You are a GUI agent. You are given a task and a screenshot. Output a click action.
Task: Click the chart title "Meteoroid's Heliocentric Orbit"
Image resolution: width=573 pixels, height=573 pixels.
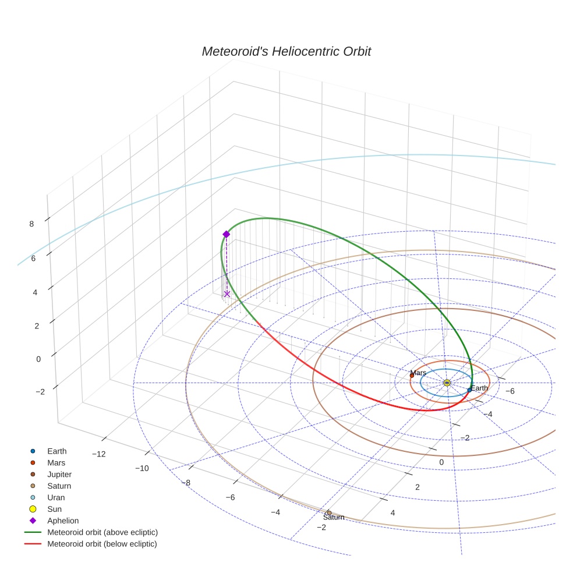tap(286, 52)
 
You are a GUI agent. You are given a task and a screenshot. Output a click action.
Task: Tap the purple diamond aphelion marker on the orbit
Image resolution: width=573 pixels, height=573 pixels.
tap(226, 234)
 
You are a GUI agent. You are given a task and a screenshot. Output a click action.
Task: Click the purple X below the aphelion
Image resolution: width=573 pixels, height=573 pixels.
tap(227, 294)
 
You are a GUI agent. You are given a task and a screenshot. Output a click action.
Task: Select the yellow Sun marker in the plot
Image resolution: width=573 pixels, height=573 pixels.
tap(447, 383)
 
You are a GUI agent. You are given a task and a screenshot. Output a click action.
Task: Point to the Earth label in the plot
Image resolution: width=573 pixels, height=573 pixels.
tap(479, 388)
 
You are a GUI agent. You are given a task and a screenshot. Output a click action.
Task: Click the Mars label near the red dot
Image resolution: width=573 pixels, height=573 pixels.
tap(418, 373)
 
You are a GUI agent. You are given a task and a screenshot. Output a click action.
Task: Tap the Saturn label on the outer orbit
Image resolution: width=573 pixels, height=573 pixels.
tap(334, 517)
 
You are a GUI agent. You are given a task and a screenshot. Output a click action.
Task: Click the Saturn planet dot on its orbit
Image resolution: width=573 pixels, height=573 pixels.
tap(329, 512)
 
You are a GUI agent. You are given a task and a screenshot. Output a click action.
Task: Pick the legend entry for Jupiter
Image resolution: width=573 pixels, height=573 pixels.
tap(59, 474)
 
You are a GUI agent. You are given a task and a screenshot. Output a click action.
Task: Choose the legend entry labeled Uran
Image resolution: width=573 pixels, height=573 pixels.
tap(56, 497)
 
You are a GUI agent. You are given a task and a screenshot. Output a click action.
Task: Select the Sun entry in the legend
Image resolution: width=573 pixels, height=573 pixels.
tap(54, 509)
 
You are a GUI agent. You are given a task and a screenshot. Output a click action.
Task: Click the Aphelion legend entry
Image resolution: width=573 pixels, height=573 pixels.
tap(63, 521)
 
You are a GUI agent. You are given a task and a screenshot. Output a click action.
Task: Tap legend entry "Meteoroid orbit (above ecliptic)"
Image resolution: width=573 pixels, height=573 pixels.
tap(102, 532)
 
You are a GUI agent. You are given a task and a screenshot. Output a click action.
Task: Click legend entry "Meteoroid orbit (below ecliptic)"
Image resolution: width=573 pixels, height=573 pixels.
tap(102, 544)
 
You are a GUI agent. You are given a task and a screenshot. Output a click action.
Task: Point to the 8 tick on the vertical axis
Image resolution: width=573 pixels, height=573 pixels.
tap(31, 224)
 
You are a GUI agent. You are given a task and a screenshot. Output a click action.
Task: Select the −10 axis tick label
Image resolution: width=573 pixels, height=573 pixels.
tap(142, 468)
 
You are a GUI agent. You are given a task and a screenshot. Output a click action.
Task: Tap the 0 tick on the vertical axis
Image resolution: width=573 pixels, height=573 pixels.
tap(38, 359)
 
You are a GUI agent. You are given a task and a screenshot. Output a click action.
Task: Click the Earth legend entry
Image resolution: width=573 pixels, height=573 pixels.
tap(57, 451)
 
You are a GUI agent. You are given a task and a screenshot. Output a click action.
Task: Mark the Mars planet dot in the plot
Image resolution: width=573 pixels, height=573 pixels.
tap(412, 376)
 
